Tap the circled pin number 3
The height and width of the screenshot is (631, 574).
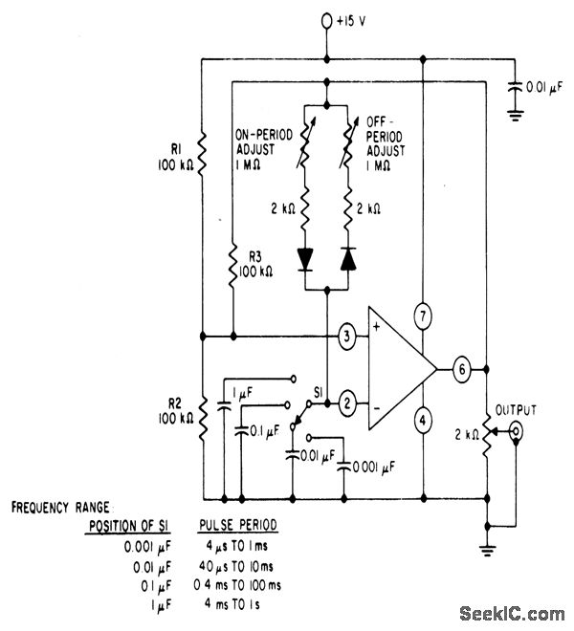coord(347,336)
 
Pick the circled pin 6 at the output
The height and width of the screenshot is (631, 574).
coord(462,370)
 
